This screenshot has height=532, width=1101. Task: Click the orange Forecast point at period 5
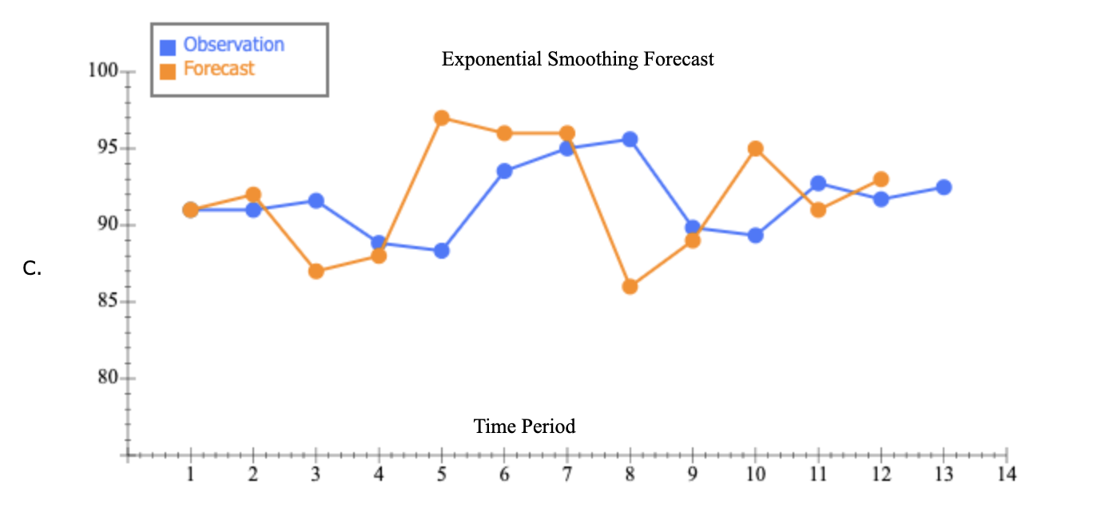click(x=441, y=118)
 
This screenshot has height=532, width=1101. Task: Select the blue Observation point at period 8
click(x=630, y=139)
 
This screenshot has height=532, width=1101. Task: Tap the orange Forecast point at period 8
click(x=630, y=286)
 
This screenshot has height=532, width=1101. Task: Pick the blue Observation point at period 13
click(x=944, y=187)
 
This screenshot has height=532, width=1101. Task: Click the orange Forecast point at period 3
click(x=316, y=271)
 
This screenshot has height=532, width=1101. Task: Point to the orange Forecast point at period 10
click(x=755, y=149)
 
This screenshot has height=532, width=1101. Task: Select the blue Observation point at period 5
click(x=441, y=251)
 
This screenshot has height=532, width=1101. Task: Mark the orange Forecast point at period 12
click(x=880, y=179)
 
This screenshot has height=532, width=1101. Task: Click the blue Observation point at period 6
click(x=504, y=171)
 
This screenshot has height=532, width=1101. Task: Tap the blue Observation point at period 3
click(x=316, y=200)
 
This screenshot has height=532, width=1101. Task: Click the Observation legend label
click(x=233, y=45)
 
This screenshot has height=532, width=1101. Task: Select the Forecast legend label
click(x=219, y=69)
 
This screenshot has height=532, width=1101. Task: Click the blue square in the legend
click(x=168, y=47)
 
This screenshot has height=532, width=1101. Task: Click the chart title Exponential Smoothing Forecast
click(x=578, y=59)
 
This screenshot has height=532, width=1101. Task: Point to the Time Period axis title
click(x=524, y=427)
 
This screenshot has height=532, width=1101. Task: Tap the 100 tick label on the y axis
click(x=102, y=71)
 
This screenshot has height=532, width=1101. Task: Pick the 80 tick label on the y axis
click(x=107, y=379)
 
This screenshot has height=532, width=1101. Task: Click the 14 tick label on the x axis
click(x=1007, y=474)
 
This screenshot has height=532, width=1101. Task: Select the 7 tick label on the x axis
click(x=566, y=474)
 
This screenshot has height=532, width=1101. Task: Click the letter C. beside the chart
click(x=32, y=269)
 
